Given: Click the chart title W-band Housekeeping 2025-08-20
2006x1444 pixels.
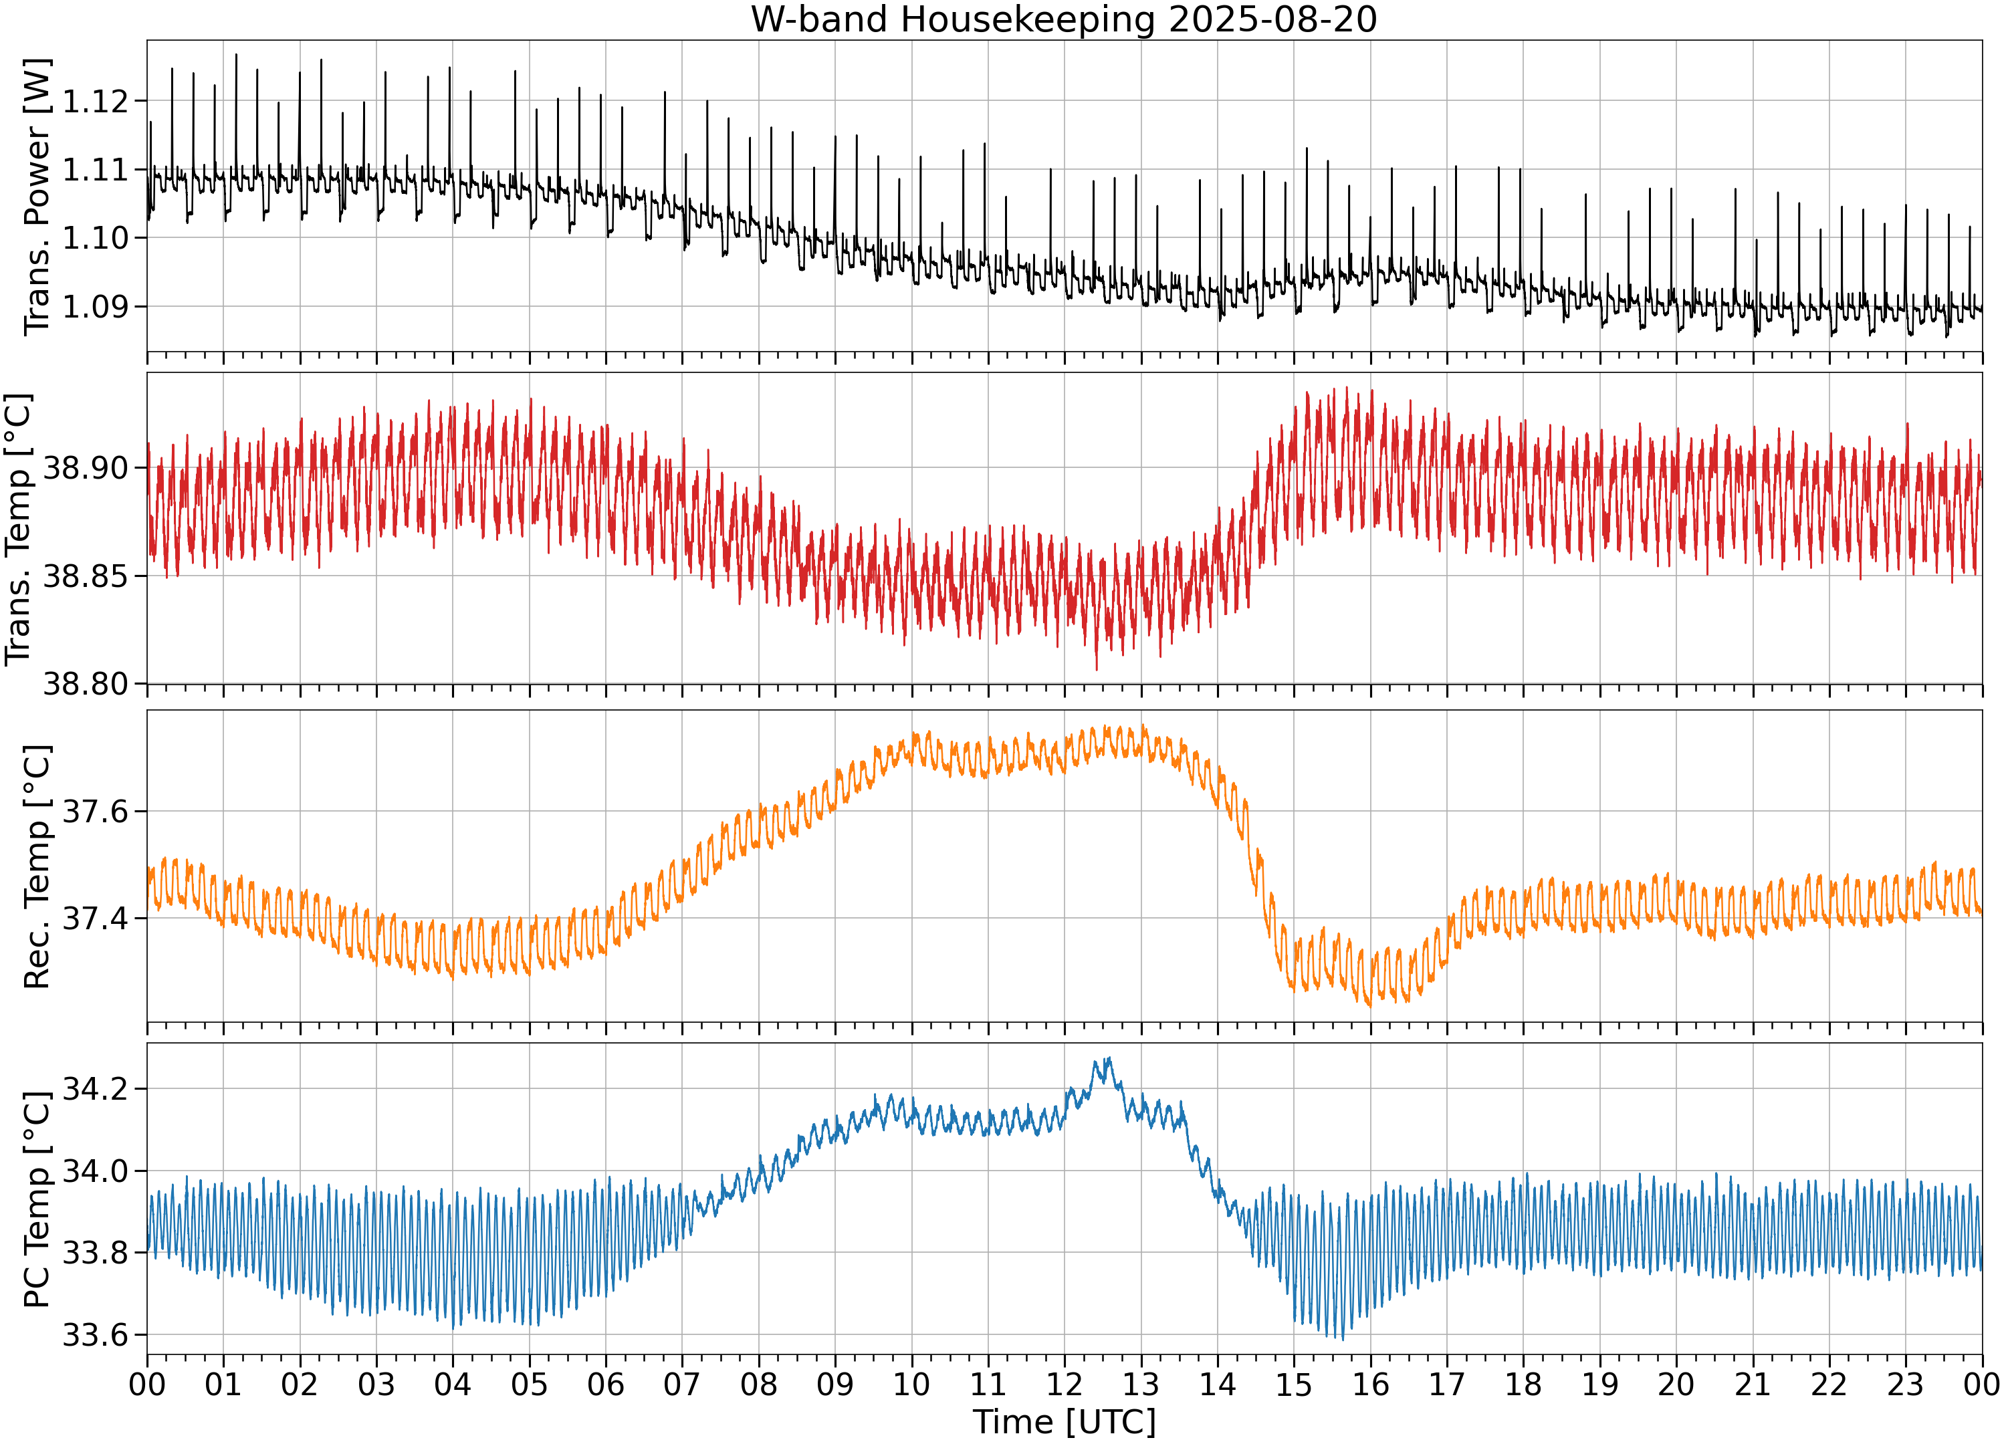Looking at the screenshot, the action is [x=1064, y=19].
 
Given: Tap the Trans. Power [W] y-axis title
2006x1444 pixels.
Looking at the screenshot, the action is [x=37, y=197].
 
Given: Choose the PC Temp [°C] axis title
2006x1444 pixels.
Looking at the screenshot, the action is [x=37, y=1199].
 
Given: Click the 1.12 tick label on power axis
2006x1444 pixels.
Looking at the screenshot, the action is [x=96, y=101].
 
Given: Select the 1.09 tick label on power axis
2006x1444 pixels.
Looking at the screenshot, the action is [x=96, y=307].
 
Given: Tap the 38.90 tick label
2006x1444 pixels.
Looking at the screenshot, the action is [x=87, y=468].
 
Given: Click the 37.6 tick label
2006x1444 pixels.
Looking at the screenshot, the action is [x=96, y=811].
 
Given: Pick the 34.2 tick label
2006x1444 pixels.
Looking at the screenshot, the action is [x=96, y=1088].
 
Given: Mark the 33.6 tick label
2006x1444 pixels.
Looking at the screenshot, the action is [x=96, y=1334].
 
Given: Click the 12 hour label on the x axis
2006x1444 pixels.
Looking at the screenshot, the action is [x=1064, y=1384].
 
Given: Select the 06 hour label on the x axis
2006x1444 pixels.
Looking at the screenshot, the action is [x=606, y=1384].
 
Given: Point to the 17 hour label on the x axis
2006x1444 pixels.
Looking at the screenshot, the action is [x=1447, y=1384].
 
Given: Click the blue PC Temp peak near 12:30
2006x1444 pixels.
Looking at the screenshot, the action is [x=1108, y=1058].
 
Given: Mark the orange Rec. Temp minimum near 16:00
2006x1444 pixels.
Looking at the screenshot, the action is [x=1370, y=1005].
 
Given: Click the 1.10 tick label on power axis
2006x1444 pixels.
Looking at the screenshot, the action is [x=96, y=238].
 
